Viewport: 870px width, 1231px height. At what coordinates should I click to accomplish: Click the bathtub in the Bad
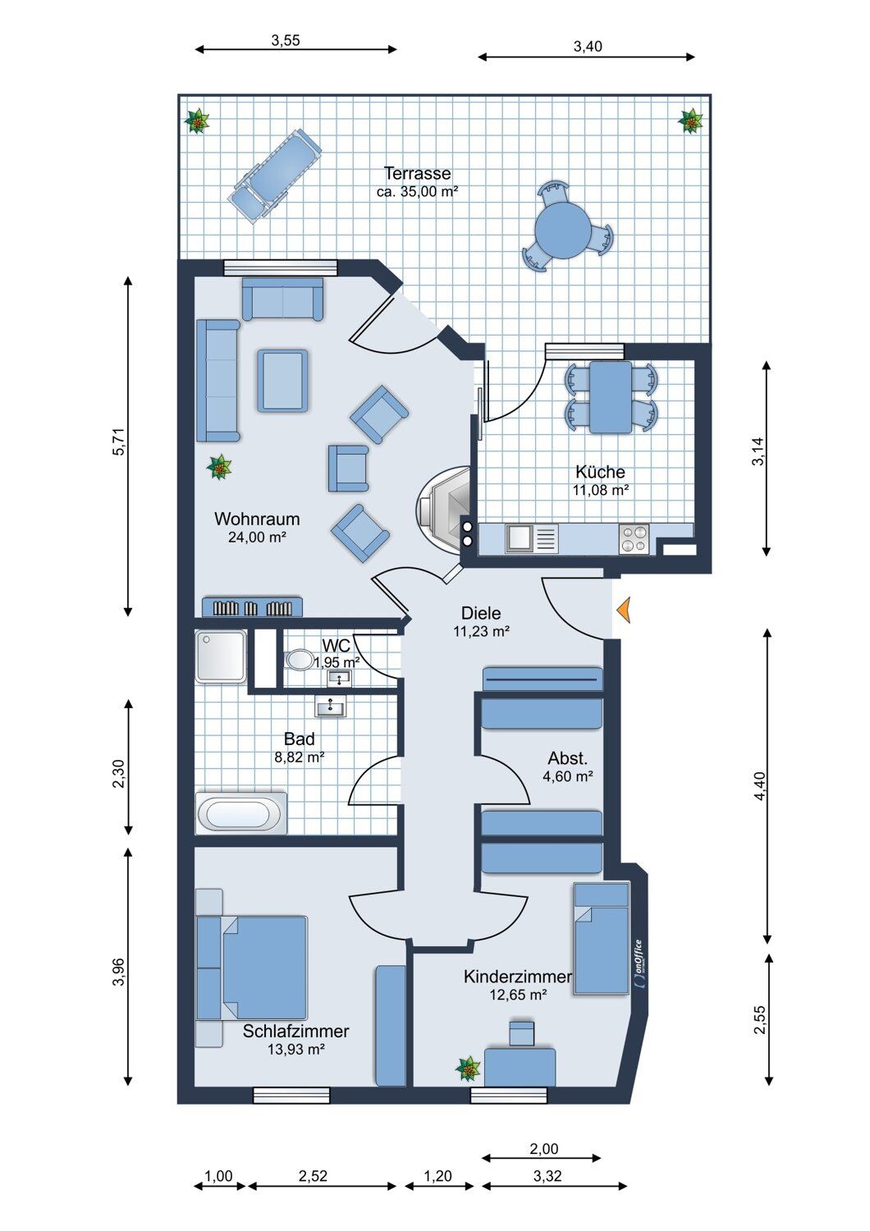(241, 813)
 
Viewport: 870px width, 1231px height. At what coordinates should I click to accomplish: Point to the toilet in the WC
(299, 660)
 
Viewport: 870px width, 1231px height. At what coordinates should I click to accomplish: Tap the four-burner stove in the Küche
(634, 538)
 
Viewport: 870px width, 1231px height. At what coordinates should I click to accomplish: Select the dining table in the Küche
(610, 396)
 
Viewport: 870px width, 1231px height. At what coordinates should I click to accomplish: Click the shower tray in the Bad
(221, 657)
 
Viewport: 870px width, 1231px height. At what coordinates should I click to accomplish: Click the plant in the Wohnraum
(219, 467)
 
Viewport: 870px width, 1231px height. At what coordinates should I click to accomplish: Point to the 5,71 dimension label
(121, 442)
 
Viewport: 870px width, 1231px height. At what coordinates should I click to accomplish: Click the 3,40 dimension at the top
(588, 47)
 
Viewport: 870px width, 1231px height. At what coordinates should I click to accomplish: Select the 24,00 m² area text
(257, 537)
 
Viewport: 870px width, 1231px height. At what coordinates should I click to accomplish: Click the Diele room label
(481, 613)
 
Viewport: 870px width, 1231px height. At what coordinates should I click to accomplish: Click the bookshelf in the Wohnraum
(252, 606)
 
